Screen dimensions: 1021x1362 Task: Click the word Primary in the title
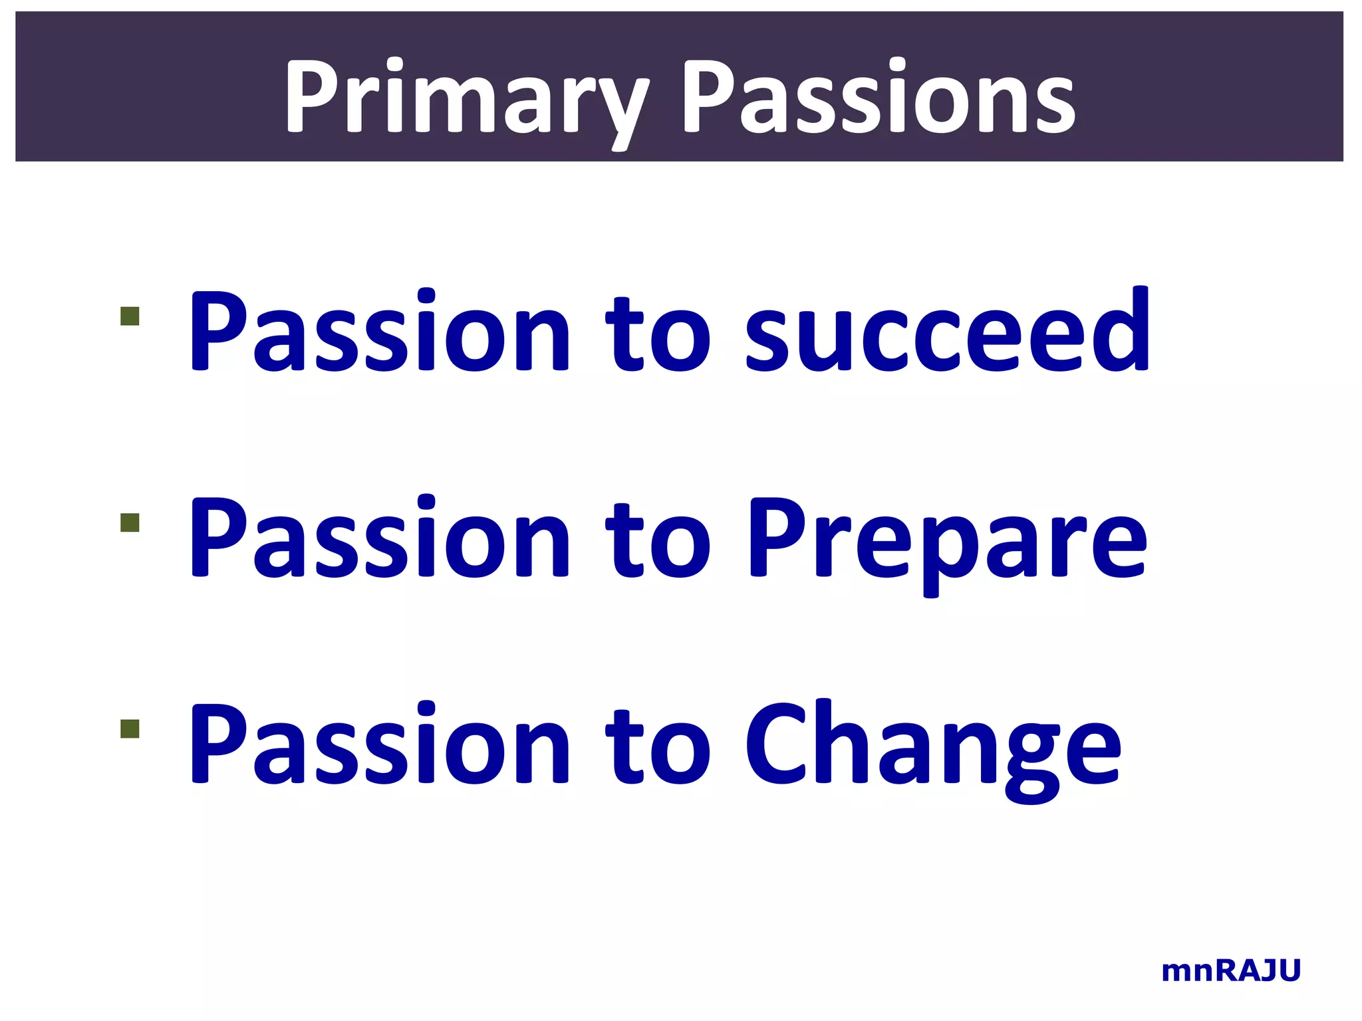point(466,96)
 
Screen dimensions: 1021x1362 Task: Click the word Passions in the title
point(878,96)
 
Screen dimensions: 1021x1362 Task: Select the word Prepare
point(948,538)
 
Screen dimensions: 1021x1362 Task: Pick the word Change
point(931,744)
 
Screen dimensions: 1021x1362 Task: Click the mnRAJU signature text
point(1230,971)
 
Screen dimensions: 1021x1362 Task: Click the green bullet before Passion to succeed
point(130,316)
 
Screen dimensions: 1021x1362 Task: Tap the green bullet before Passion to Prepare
point(130,523)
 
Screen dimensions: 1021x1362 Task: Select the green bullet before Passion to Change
point(130,729)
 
